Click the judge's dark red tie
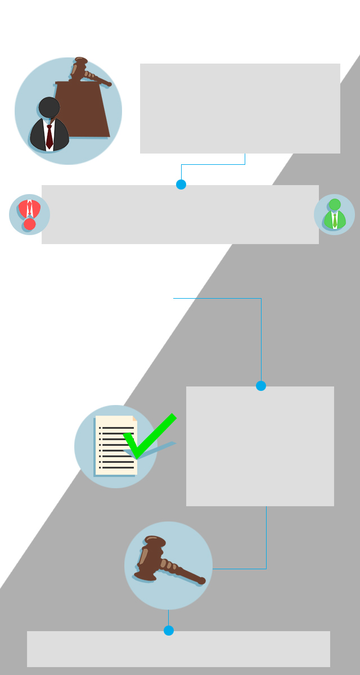coord(49,136)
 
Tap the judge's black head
coord(49,107)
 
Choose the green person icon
coord(334,214)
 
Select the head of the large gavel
coord(151,556)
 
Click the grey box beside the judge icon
coord(240,108)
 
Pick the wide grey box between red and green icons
coord(180,214)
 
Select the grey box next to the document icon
coord(260,446)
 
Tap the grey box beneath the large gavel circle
coord(178,649)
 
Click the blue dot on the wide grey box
coord(181,184)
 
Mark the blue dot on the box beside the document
coord(261,386)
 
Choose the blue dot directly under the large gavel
coord(169,631)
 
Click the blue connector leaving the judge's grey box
coord(214,165)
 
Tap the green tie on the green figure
coord(335,220)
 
